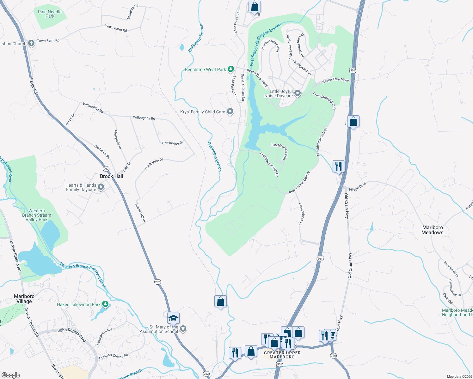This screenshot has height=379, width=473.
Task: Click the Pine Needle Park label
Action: coord(50,14)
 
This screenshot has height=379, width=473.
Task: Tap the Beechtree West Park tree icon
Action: coord(231,69)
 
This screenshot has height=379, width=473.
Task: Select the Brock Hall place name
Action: coord(111,176)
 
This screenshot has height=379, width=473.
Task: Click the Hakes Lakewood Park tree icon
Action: coord(105,304)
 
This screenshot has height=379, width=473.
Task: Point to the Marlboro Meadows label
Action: coord(433,230)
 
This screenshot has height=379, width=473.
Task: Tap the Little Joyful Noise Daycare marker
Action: coord(297,93)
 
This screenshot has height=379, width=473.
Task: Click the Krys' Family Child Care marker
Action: coord(230,111)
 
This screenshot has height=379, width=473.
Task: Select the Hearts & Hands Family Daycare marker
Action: coord(101,187)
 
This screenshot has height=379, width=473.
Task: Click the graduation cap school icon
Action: coord(173,318)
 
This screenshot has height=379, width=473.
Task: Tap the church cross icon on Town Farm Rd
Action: coord(31,43)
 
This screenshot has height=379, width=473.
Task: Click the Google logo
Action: coord(10,375)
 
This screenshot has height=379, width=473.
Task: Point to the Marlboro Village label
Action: coord(24,299)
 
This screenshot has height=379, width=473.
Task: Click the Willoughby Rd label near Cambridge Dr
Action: coord(144,118)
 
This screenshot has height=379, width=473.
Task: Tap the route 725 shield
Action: coord(333,356)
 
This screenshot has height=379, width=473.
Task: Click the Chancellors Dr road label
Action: coord(301,214)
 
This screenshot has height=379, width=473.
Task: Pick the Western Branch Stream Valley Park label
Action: coord(37,215)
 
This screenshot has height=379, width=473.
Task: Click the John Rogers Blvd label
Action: coord(72,334)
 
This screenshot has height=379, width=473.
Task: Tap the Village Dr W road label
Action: coord(357,187)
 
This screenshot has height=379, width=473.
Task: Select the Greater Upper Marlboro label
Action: coord(282,355)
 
